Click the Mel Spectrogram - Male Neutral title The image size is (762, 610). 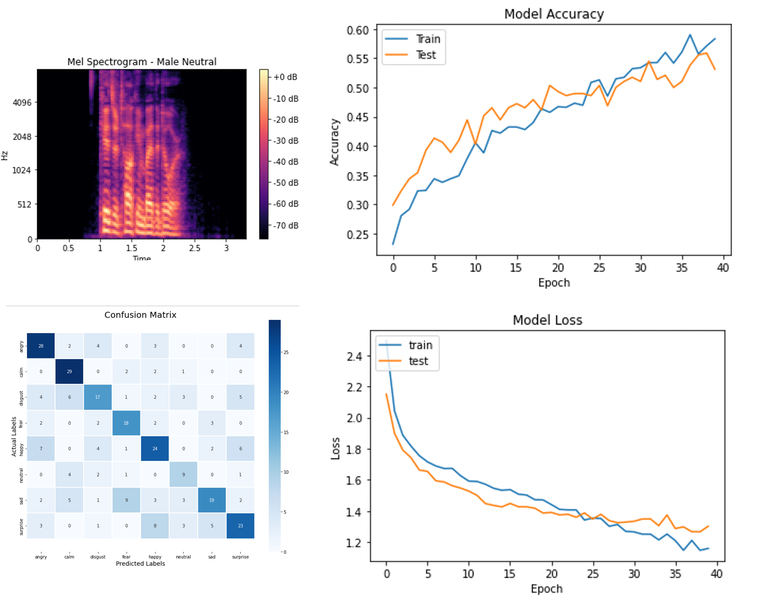pyautogui.click(x=142, y=62)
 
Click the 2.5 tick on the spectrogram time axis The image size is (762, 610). pyautogui.click(x=194, y=248)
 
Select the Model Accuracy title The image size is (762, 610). pyautogui.click(x=554, y=14)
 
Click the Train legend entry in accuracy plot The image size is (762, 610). pyautogui.click(x=428, y=39)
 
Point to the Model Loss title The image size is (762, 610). pyautogui.click(x=547, y=320)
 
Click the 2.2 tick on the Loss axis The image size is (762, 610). pyautogui.click(x=354, y=387)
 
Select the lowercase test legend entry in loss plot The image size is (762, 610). pyautogui.click(x=418, y=361)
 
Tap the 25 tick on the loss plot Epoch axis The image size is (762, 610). pyautogui.click(x=593, y=574)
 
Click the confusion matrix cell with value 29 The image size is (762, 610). pyautogui.click(x=69, y=372)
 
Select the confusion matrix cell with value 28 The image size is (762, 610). pyautogui.click(x=41, y=346)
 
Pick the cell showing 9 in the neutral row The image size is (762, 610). pyautogui.click(x=183, y=475)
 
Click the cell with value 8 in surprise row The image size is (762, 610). pyautogui.click(x=155, y=526)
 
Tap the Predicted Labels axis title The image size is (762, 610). pyautogui.click(x=140, y=564)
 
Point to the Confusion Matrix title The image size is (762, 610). pyautogui.click(x=140, y=315)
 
